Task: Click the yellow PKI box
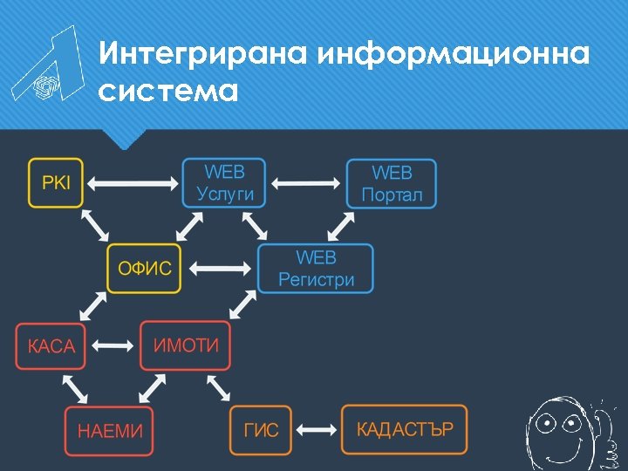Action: pos(56,183)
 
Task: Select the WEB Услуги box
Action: pos(225,183)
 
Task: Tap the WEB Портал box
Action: pos(392,184)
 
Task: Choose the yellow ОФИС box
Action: pos(145,269)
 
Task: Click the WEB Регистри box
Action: pos(316,269)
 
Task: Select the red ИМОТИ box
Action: pos(186,345)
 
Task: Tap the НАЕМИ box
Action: pos(109,431)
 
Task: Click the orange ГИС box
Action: pos(261,430)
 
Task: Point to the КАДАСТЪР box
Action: pos(404,429)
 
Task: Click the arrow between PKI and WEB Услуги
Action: pos(133,184)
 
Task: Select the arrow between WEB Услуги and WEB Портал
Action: pos(305,184)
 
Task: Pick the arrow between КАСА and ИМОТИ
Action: pos(112,346)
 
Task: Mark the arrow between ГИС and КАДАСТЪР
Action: pos(317,430)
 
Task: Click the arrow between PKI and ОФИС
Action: pos(95,226)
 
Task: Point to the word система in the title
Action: pos(168,91)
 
